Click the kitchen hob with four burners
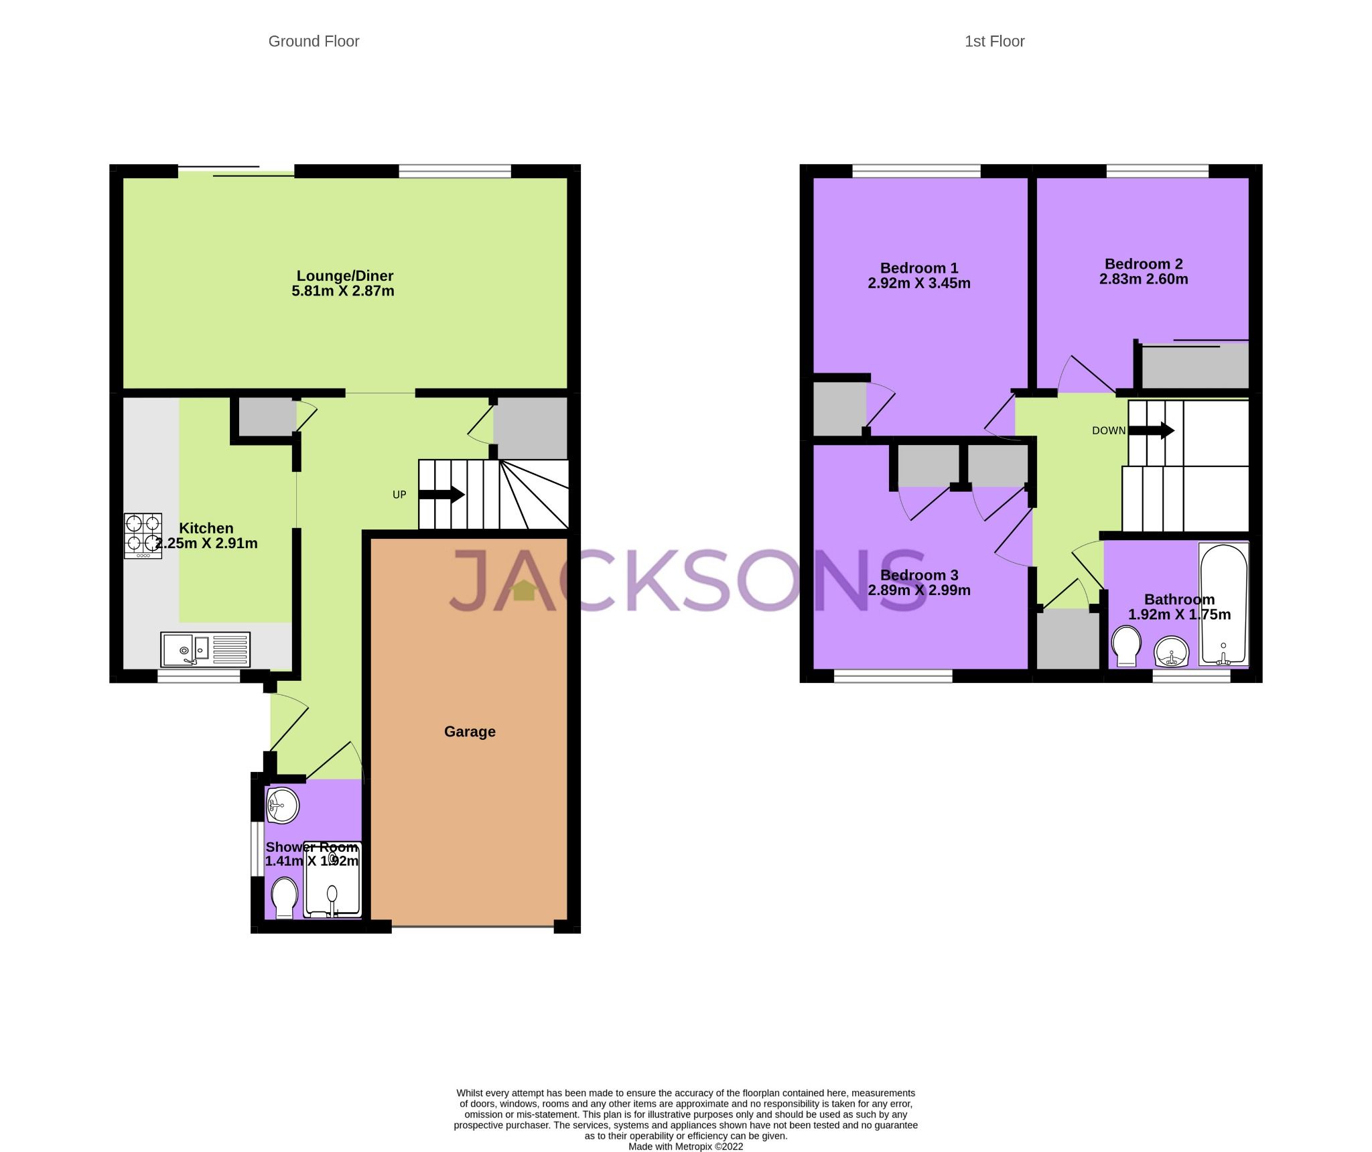click(x=143, y=535)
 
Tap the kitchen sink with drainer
click(x=205, y=649)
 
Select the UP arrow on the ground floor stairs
click(x=441, y=495)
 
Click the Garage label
click(x=470, y=731)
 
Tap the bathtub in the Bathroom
click(x=1223, y=603)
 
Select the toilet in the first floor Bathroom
click(x=1125, y=646)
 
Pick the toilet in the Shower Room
click(x=285, y=898)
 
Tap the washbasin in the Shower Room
click(x=282, y=804)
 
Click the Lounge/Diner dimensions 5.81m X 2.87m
click(x=343, y=291)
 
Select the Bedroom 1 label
click(x=918, y=268)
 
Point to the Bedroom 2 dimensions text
click(x=1143, y=279)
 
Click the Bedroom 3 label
click(x=918, y=575)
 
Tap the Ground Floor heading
click(x=314, y=42)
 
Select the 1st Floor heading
click(x=994, y=42)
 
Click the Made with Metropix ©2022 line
click(x=685, y=1147)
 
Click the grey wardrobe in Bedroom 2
click(x=1194, y=366)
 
